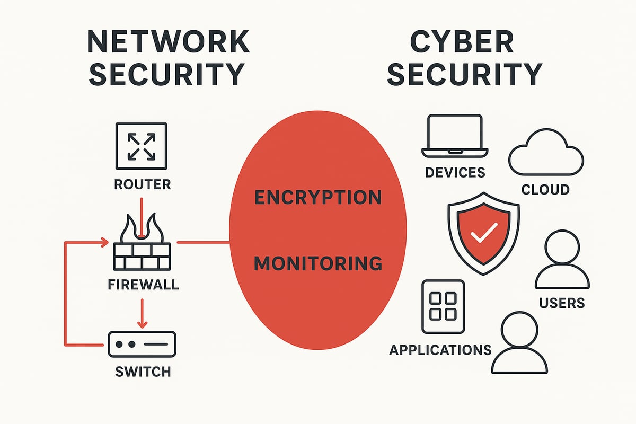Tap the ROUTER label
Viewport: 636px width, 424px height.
142,184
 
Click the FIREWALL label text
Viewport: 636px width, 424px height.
143,284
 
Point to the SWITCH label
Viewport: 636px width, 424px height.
143,371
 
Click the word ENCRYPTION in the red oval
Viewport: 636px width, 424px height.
318,197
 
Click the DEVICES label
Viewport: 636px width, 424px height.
455,172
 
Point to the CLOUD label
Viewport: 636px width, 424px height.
545,189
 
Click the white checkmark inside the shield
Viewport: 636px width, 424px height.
486,232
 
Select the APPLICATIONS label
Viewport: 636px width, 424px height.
440,350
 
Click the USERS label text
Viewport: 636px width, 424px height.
562,303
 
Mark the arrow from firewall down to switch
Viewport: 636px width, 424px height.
141,313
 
